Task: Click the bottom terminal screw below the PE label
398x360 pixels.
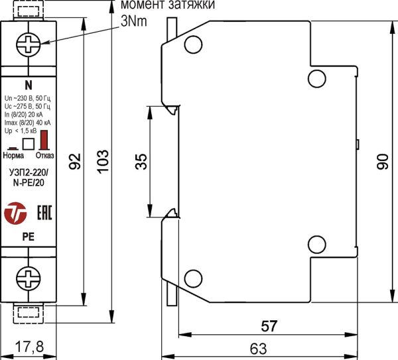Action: coord(29,276)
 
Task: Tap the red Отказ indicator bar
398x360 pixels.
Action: coord(45,141)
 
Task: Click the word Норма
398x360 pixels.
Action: coord(13,156)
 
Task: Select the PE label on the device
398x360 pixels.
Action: coord(29,236)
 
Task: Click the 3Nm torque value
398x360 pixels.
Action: coord(133,21)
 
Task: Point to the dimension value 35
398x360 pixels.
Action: coord(141,160)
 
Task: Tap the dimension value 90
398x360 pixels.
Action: coord(383,161)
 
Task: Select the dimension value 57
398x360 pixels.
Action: coord(269,326)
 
